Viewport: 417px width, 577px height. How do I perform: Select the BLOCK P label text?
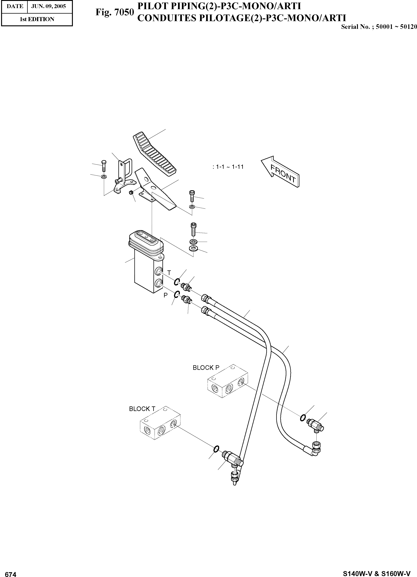(x=206, y=368)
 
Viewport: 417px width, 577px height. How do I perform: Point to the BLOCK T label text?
(x=142, y=409)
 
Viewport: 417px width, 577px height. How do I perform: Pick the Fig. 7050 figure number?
(x=114, y=12)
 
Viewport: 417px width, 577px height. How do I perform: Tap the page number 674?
(x=11, y=574)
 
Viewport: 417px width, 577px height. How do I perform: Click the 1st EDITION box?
(x=37, y=19)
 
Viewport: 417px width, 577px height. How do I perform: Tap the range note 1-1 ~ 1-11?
(x=228, y=167)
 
